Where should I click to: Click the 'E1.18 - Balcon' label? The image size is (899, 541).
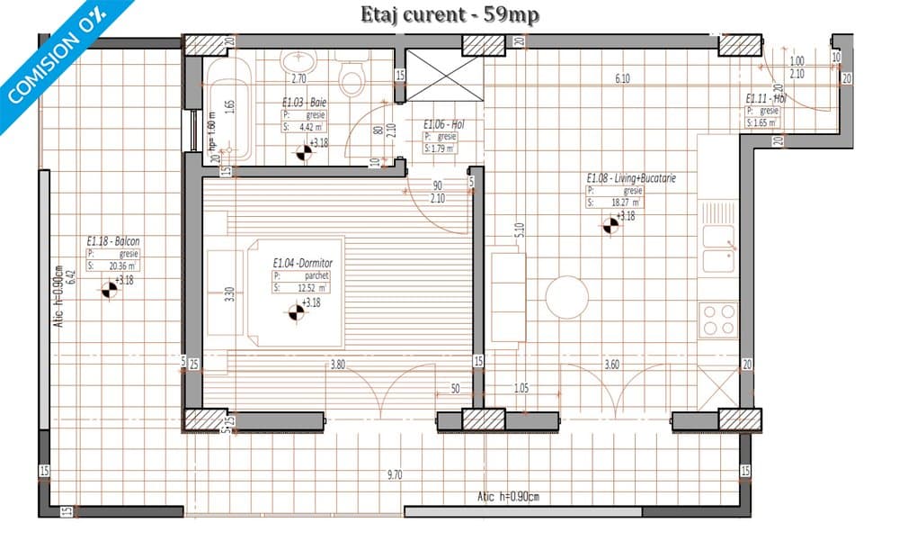click(x=113, y=241)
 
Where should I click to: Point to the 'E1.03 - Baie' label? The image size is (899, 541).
click(x=305, y=104)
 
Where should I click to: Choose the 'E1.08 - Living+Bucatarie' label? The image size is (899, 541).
click(x=630, y=178)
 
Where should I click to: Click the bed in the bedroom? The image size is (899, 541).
click(x=288, y=293)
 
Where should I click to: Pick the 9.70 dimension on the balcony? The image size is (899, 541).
click(x=395, y=474)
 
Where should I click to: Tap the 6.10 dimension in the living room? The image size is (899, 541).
click(x=622, y=79)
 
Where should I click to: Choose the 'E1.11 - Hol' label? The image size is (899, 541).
click(x=765, y=99)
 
